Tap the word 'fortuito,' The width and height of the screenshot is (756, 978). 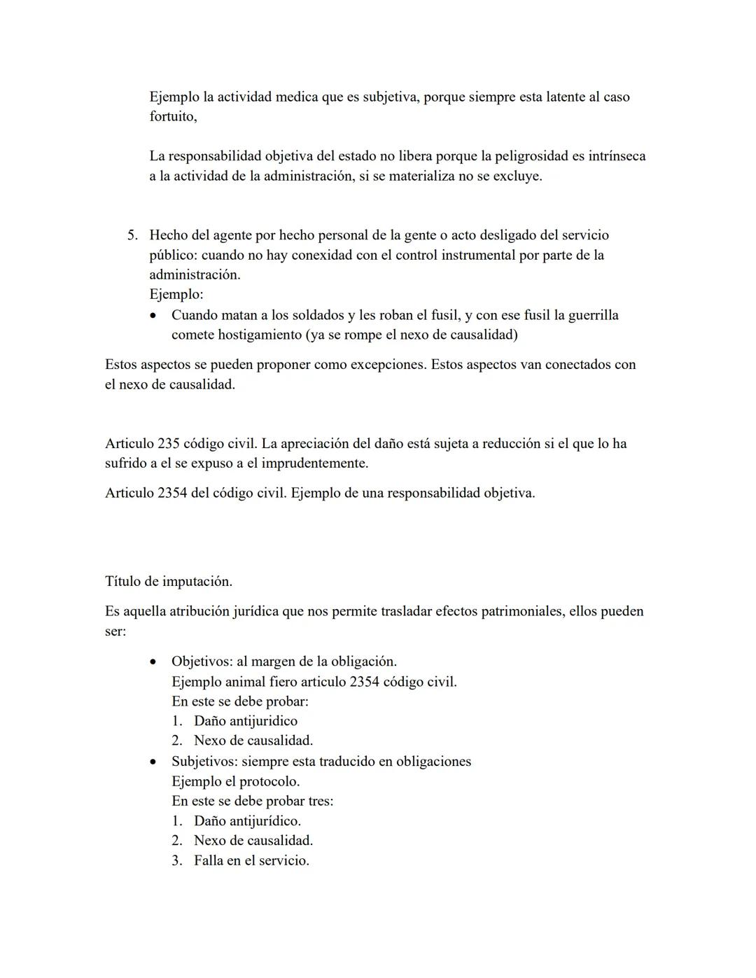(x=173, y=116)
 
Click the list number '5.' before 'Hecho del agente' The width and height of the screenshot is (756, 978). (x=133, y=235)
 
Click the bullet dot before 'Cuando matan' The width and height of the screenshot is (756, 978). (x=155, y=316)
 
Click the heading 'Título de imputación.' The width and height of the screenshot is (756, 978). (x=169, y=581)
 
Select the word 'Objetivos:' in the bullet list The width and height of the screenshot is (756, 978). (x=202, y=662)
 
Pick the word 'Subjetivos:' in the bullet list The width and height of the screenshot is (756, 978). (x=204, y=762)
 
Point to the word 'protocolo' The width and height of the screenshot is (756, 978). (x=268, y=781)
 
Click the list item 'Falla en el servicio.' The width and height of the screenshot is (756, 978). (x=251, y=860)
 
